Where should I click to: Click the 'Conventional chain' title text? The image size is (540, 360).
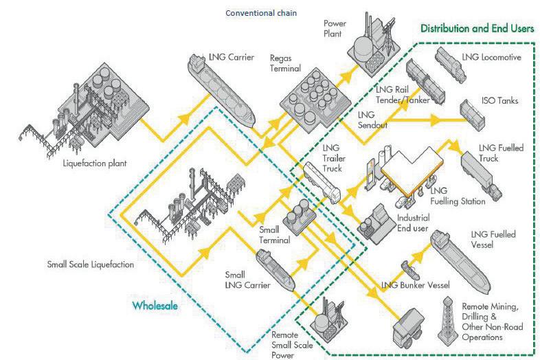[260, 12]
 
